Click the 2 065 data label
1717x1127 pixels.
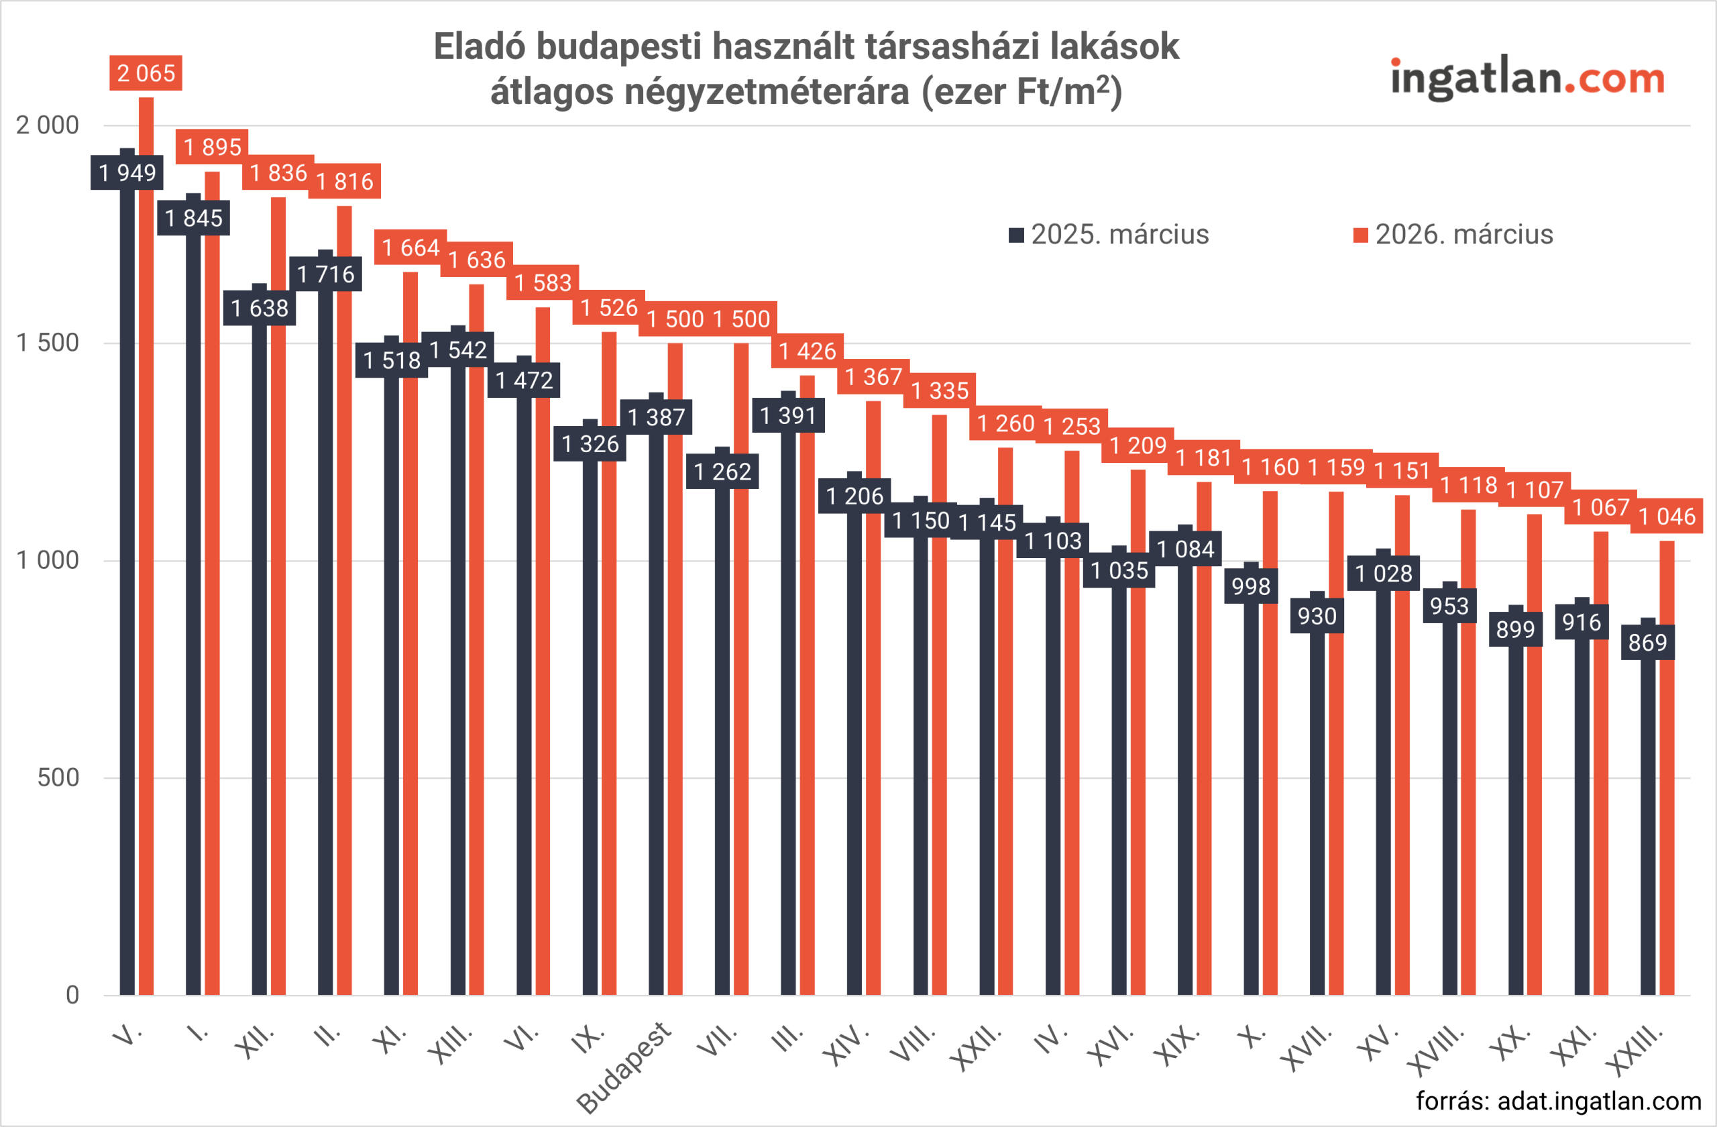coord(146,73)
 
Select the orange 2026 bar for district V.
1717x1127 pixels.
coord(146,577)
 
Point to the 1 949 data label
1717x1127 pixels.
coord(127,172)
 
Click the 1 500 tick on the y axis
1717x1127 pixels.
coord(48,343)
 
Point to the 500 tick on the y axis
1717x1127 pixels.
coord(58,777)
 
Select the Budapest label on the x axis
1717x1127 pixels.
coord(624,1067)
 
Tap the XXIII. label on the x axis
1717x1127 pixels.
coord(1635,1050)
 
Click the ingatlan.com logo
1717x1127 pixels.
coord(1527,78)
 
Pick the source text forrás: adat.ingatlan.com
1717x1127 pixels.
coord(1558,1101)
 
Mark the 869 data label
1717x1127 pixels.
coord(1648,642)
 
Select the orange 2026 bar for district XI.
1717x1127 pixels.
coord(410,649)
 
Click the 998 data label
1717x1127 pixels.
coord(1251,586)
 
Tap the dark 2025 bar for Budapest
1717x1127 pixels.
coord(656,722)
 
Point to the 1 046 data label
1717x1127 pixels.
coord(1667,517)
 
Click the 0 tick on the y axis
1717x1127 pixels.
coord(72,995)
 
